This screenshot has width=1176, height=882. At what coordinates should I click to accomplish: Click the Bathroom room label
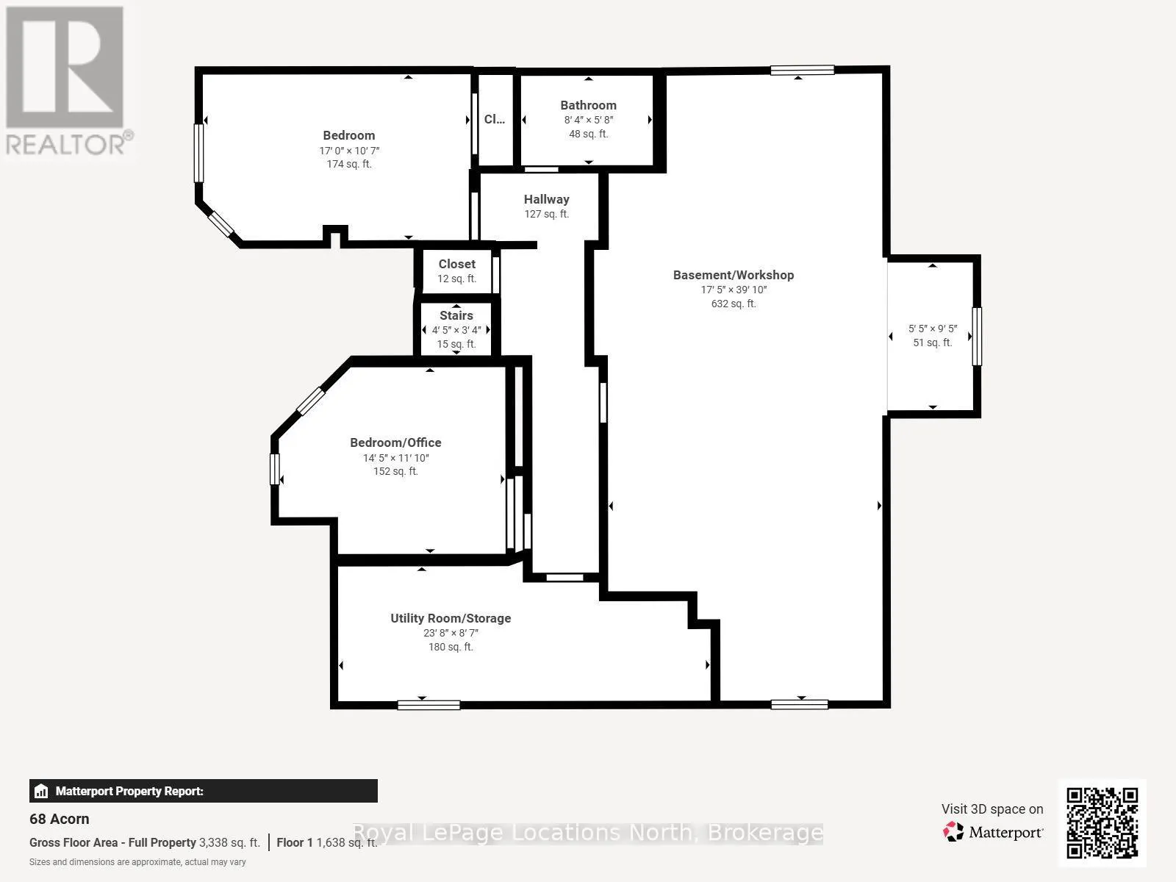[588, 106]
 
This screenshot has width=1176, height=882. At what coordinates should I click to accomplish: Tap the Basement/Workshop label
[734, 275]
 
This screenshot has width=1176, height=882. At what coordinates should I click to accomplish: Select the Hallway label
[547, 199]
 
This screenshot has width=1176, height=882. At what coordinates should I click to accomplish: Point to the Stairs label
[456, 315]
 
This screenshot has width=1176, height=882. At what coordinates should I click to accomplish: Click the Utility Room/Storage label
[451, 618]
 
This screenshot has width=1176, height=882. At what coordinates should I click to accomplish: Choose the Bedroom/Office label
[395, 442]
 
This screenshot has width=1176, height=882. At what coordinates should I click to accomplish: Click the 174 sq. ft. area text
[349, 164]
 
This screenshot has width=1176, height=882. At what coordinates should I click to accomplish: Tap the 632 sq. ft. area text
[734, 304]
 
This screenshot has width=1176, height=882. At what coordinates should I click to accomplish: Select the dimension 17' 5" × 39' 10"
[734, 290]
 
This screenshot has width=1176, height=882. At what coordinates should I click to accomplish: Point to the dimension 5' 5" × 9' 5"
[932, 329]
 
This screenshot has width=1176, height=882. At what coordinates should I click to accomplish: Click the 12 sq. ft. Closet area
[456, 279]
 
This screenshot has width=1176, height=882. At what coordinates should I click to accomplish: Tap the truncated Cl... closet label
[494, 119]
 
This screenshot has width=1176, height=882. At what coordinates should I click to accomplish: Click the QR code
[1102, 822]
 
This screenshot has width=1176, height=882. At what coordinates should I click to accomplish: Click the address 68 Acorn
[60, 819]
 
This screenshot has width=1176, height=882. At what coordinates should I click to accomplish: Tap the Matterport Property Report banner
[203, 791]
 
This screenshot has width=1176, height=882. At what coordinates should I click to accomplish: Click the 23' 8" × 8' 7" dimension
[451, 633]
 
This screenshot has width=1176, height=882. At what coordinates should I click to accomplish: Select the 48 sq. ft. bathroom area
[588, 134]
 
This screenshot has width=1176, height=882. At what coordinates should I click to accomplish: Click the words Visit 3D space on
[992, 809]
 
